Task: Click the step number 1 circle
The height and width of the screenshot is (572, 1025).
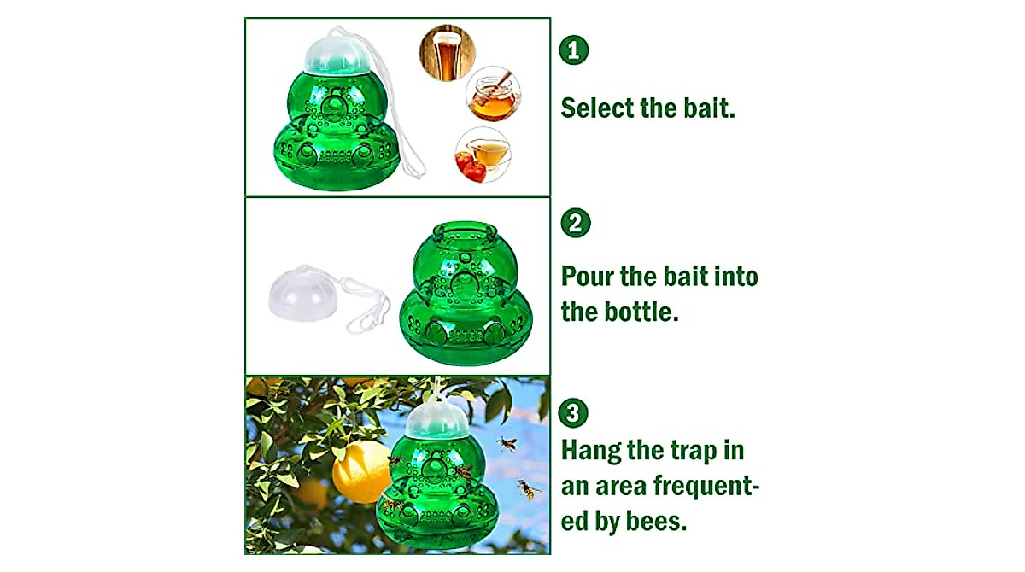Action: [574, 50]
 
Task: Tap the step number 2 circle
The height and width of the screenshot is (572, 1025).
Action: [575, 224]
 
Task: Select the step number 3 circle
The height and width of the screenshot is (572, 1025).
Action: [574, 413]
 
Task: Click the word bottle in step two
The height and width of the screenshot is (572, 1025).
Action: [641, 312]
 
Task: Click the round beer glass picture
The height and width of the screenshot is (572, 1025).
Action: [446, 51]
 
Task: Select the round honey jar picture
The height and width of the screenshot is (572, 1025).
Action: [493, 95]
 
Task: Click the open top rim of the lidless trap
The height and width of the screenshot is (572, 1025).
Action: [466, 233]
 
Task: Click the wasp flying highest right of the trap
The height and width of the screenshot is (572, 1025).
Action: [507, 444]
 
